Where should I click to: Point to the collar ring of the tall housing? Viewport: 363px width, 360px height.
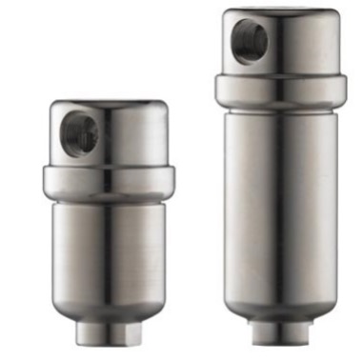point(281,90)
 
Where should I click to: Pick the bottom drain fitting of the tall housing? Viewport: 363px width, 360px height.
point(278,330)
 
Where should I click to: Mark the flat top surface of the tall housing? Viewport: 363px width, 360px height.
point(280,12)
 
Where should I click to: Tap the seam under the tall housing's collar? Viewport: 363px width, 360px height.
point(280,107)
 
